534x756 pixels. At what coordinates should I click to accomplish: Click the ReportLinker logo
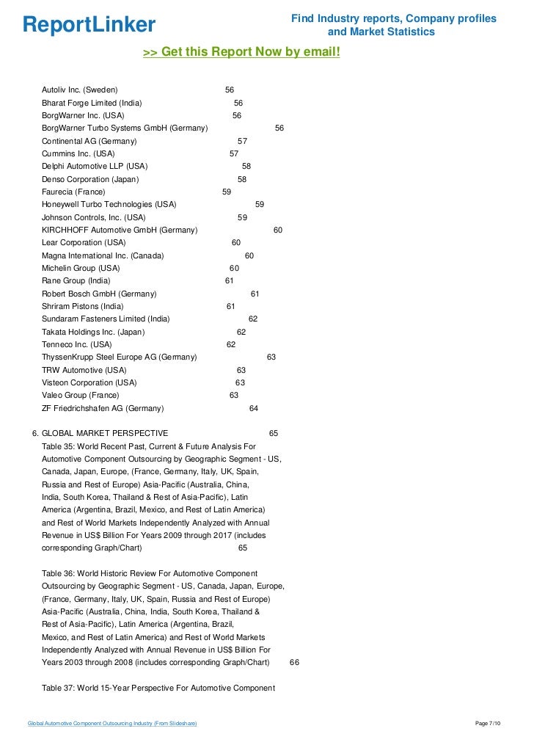tap(89, 25)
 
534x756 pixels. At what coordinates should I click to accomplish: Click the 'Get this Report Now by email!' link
tap(241, 52)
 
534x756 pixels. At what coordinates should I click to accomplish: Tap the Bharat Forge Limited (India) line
tap(92, 103)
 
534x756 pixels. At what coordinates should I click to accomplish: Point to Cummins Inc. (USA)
tap(78, 153)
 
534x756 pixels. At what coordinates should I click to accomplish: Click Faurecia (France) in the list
tap(73, 192)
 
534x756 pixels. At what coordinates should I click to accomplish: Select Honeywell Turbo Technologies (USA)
tap(109, 204)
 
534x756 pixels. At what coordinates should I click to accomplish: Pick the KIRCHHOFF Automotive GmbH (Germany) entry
tap(120, 230)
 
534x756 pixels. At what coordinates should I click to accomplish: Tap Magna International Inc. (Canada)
tap(103, 255)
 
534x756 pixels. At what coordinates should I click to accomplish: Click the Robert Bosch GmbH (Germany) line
tap(99, 294)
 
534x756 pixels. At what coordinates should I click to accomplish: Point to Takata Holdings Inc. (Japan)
tap(93, 332)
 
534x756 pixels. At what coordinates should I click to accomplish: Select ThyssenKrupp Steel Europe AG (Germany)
tap(119, 357)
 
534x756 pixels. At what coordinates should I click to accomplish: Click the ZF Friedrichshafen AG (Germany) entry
tap(103, 408)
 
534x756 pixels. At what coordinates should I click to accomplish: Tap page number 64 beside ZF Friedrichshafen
tap(254, 408)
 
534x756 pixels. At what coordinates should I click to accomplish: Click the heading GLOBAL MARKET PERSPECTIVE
tap(105, 433)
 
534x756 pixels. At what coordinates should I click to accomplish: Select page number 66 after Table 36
tap(294, 662)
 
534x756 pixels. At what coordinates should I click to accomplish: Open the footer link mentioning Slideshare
tap(111, 724)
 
